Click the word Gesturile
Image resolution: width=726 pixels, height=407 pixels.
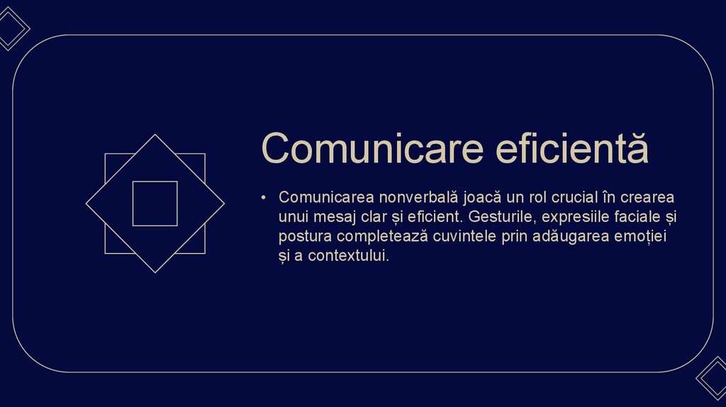click(x=499, y=216)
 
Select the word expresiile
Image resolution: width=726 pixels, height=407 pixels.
click(x=574, y=216)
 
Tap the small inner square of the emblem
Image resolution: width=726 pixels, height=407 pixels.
click(x=155, y=203)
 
